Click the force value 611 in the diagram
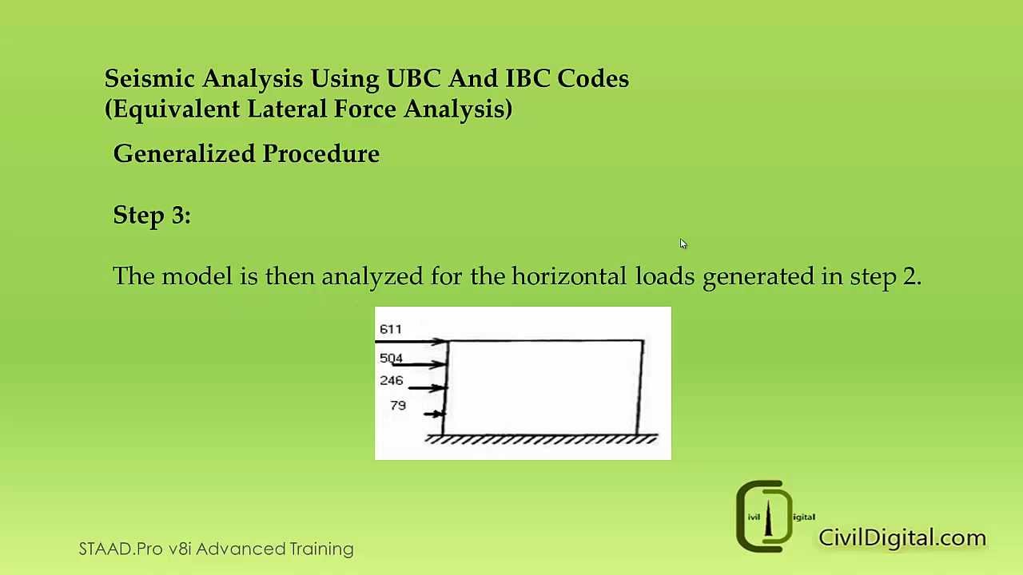391,329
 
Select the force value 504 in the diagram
391,358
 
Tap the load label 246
391,381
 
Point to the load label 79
398,406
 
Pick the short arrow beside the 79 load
434,414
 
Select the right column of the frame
641,387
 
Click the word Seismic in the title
149,78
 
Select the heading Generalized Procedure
246,153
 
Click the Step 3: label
152,215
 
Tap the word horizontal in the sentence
569,276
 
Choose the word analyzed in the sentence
372,276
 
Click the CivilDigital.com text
902,537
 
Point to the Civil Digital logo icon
766,517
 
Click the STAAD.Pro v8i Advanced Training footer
216,549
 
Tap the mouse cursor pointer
683,244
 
